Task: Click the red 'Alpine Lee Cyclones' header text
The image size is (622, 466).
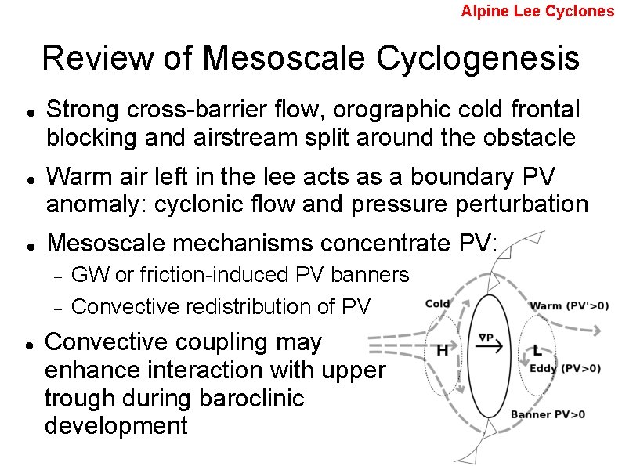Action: coord(537,11)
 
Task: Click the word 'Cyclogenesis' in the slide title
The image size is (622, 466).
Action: coord(478,58)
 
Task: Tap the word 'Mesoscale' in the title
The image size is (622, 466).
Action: coord(284,58)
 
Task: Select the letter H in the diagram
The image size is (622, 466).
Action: coord(442,350)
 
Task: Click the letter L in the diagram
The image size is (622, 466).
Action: coord(537,350)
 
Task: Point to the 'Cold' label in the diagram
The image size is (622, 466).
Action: coord(437,304)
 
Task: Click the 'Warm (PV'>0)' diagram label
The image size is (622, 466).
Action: coord(570,305)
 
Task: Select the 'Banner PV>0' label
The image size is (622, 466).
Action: coord(548,414)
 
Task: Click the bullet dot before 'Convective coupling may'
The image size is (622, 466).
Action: coord(28,344)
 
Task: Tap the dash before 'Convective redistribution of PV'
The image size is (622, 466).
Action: coord(57,307)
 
